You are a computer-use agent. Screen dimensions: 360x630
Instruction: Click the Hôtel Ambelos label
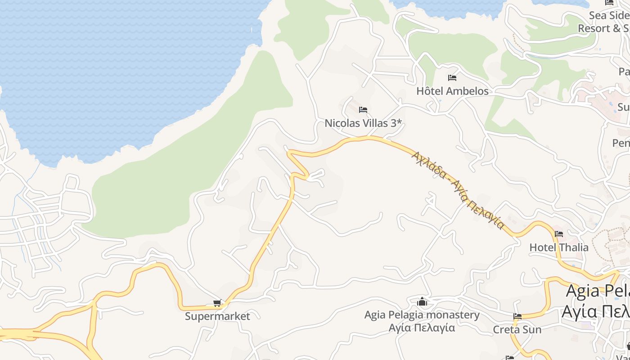coord(452,91)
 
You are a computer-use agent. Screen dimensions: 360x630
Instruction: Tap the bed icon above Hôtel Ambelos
coord(452,78)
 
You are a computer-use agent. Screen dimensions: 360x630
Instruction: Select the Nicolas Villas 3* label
coord(363,123)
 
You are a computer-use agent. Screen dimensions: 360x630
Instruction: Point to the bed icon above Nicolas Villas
coord(363,110)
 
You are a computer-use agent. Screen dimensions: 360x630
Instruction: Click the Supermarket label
coord(217,316)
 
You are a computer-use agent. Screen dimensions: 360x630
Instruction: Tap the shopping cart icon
coord(217,303)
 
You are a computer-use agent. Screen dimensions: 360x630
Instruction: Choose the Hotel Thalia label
coord(558,247)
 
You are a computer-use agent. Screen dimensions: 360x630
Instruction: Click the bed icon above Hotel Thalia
coord(559,234)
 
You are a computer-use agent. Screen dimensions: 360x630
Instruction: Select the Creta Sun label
coord(517,329)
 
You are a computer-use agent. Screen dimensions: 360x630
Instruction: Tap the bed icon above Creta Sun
coord(517,316)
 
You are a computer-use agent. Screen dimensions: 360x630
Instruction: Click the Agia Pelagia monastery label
coord(422,315)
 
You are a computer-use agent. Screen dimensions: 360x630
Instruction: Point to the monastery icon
coord(422,301)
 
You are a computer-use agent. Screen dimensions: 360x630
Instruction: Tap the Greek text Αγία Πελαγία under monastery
coord(422,327)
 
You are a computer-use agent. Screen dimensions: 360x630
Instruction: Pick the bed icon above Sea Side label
coord(609,3)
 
